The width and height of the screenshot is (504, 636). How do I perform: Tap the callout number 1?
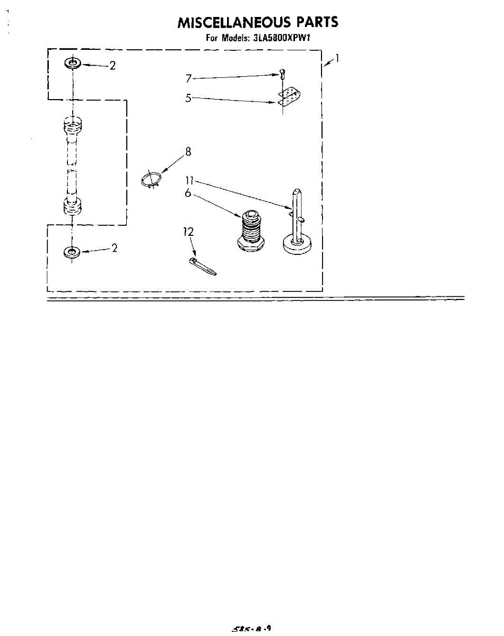click(x=337, y=59)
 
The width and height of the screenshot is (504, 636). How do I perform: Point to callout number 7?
click(x=188, y=78)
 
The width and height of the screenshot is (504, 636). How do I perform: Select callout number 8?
click(x=188, y=152)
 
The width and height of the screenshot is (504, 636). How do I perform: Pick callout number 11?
click(x=189, y=180)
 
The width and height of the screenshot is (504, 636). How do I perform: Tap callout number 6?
click(x=188, y=193)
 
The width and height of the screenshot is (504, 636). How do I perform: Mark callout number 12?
click(x=188, y=232)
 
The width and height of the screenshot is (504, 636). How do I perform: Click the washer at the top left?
click(x=72, y=64)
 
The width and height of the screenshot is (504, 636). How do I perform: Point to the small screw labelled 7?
click(x=282, y=75)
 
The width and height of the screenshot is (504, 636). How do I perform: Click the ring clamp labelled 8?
click(x=151, y=179)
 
